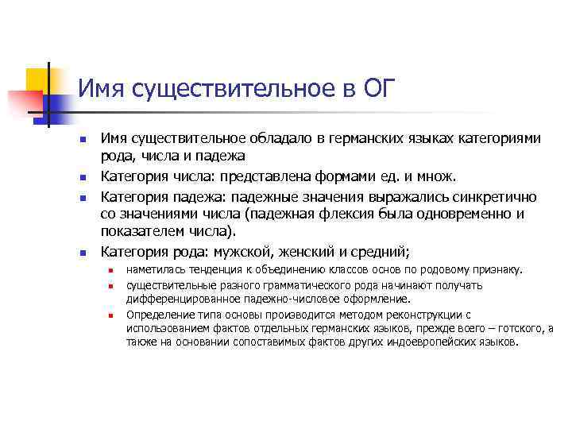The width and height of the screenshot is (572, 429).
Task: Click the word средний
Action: point(381,253)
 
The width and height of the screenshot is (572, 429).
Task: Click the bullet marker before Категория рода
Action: point(82,253)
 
